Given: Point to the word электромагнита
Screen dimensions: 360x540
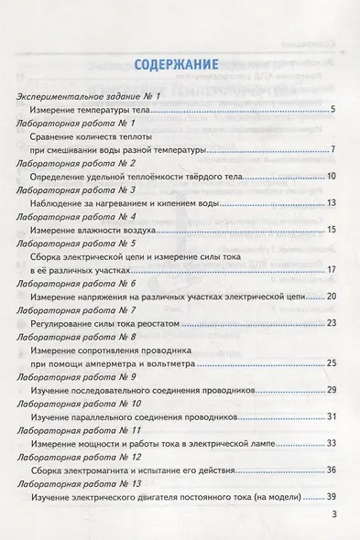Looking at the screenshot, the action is (x=98, y=470).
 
